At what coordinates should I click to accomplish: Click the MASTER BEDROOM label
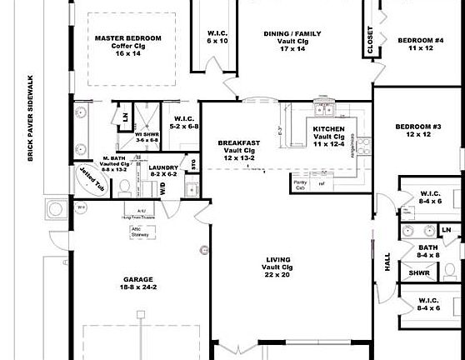pos(127,38)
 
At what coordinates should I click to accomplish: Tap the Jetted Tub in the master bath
pos(88,177)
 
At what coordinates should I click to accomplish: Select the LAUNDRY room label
pos(163,167)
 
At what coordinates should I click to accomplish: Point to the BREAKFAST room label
pos(239,142)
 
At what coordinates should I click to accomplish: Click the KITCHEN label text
pos(329,130)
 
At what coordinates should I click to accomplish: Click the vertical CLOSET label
pos(371,40)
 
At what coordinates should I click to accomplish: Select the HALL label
pos(387,262)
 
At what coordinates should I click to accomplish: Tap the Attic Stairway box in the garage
pos(140,232)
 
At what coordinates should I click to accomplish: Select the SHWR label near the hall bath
pos(419,272)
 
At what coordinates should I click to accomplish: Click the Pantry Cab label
pos(300,185)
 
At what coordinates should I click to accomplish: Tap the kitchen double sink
pos(323,109)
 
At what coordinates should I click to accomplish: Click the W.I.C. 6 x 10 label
pos(217,37)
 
